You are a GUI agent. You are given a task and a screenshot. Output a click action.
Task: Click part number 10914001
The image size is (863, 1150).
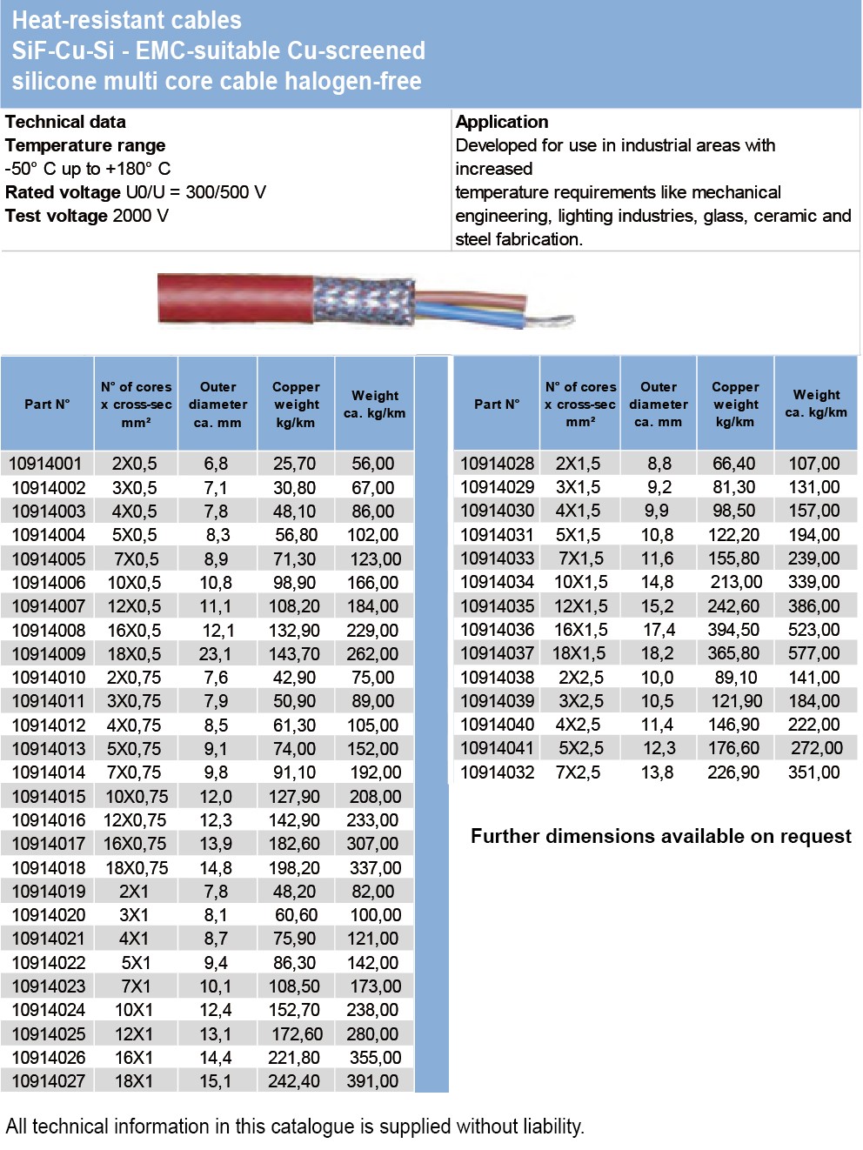pyautogui.click(x=47, y=464)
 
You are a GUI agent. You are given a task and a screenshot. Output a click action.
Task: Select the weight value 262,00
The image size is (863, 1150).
pyautogui.click(x=372, y=654)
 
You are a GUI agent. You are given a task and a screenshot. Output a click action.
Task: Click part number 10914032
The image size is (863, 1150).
pyautogui.click(x=497, y=772)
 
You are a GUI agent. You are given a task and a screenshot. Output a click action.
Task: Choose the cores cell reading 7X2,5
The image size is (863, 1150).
pyautogui.click(x=579, y=772)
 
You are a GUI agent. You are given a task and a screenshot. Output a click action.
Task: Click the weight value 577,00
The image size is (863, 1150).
pyautogui.click(x=814, y=653)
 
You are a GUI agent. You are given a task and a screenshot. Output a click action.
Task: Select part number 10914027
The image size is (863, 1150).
pyautogui.click(x=49, y=1081)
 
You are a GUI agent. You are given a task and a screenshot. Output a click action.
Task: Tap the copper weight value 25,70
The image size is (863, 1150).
pyautogui.click(x=295, y=464)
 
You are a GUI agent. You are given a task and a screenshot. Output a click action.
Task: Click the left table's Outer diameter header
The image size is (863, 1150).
pyautogui.click(x=217, y=405)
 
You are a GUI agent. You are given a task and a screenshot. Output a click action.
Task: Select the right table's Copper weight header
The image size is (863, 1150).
pyautogui.click(x=735, y=404)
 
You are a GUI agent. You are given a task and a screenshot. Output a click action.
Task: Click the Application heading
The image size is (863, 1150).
pyautogui.click(x=502, y=122)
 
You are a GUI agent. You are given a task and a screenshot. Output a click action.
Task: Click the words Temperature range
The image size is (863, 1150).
pyautogui.click(x=85, y=145)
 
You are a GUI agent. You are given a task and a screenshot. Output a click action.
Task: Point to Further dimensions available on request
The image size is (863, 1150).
pyautogui.click(x=660, y=836)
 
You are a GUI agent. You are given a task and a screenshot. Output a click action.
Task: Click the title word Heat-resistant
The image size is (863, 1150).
pyautogui.click(x=70, y=20)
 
